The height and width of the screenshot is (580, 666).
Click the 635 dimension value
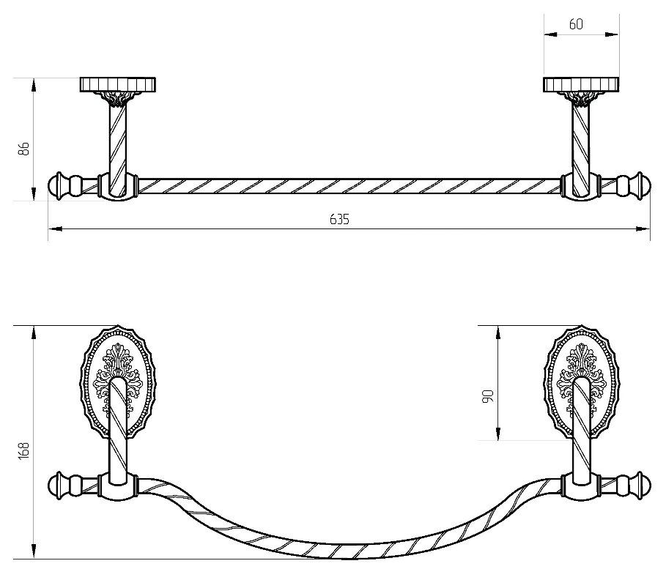click(x=339, y=219)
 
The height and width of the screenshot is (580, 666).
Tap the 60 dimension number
click(x=576, y=25)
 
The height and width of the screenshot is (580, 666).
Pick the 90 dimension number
click(x=489, y=395)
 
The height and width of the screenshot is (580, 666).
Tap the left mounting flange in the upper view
click(x=118, y=84)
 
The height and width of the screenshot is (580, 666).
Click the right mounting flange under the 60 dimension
click(x=581, y=84)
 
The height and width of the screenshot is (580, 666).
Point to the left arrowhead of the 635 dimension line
click(x=55, y=229)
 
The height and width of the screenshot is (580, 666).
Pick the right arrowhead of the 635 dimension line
click(x=643, y=229)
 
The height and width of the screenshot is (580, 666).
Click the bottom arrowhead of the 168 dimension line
click(x=33, y=551)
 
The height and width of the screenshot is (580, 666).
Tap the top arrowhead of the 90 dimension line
click(x=498, y=333)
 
